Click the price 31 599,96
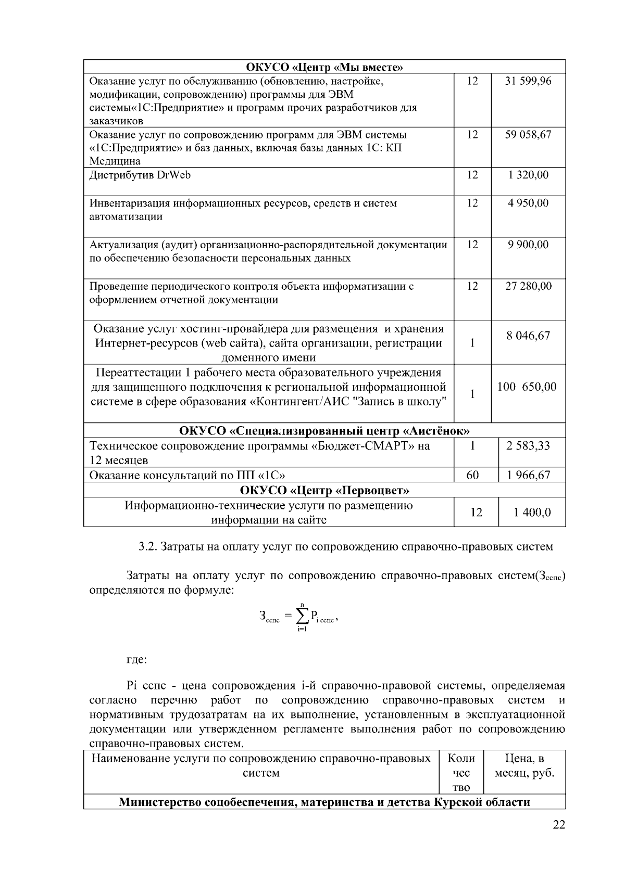tap(528, 81)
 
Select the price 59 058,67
tap(528, 135)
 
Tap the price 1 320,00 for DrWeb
tap(528, 175)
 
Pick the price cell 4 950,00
tap(528, 203)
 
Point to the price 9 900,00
tap(528, 245)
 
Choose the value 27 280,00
tap(528, 286)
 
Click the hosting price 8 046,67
tap(528, 336)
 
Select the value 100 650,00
tap(527, 387)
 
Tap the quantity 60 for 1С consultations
tap(472, 475)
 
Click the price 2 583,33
tap(528, 446)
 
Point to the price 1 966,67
tap(528, 475)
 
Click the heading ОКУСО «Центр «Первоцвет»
tap(324, 491)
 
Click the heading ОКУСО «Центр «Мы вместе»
tap(324, 67)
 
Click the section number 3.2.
tap(147, 547)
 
